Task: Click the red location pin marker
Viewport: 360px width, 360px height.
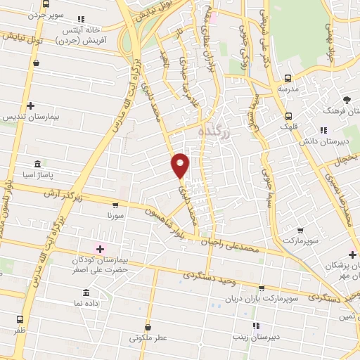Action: tap(181, 166)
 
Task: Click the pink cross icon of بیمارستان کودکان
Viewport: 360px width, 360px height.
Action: tap(99, 247)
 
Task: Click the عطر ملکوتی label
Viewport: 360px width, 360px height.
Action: tap(148, 337)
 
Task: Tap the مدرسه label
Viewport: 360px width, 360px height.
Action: tap(287, 89)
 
